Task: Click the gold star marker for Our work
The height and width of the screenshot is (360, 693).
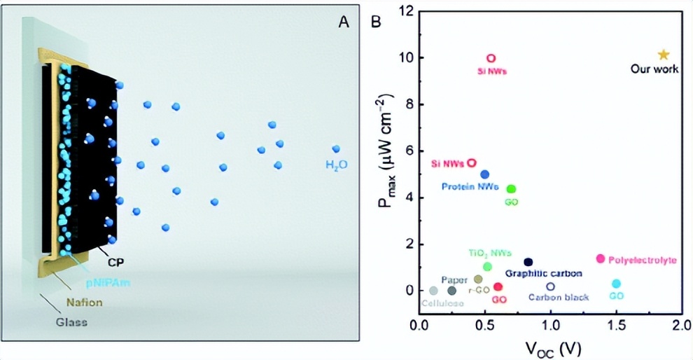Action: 664,55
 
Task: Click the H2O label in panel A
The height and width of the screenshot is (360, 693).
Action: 336,165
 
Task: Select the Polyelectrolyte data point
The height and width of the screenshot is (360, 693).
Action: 600,259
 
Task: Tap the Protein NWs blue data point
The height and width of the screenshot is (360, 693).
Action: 484,174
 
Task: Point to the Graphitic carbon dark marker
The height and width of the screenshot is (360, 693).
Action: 528,262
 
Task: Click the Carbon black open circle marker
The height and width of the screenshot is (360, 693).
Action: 550,286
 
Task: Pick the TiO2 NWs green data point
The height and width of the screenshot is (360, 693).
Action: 487,266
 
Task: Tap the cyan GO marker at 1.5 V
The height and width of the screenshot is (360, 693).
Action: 616,284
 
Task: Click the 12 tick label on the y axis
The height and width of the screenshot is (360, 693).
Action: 405,11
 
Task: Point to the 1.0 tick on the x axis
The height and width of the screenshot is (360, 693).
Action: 550,325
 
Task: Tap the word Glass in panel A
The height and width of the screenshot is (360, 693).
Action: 72,323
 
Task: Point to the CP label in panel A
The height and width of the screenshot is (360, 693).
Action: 115,263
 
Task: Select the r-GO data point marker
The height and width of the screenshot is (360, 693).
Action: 478,279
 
